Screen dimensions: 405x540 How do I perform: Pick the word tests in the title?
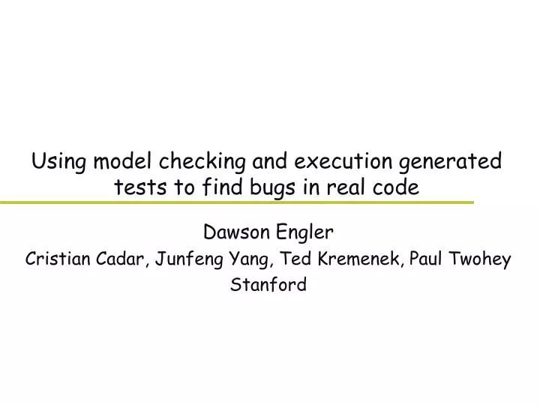137,187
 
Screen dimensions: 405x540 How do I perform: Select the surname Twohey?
483,260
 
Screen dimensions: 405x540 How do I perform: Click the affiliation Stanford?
269,285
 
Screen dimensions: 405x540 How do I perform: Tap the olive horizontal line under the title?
236,202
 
